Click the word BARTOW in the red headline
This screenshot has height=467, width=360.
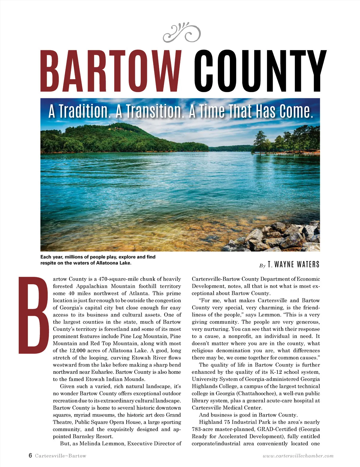tap(111, 71)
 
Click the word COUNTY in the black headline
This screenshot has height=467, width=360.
tap(260, 71)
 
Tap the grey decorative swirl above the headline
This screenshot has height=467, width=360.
tap(182, 32)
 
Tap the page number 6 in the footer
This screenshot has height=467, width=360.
tap(30, 456)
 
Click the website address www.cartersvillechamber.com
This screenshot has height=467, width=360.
tap(298, 456)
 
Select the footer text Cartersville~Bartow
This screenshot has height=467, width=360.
tap(61, 456)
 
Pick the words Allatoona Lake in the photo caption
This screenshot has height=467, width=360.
tap(113, 263)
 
